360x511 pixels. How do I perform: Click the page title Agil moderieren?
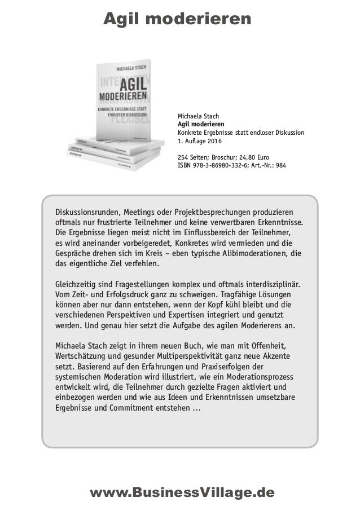[177, 20]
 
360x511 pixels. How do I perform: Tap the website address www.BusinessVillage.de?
[182, 492]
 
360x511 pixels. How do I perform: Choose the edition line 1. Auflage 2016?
[200, 140]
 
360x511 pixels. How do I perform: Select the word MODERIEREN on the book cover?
[123, 95]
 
